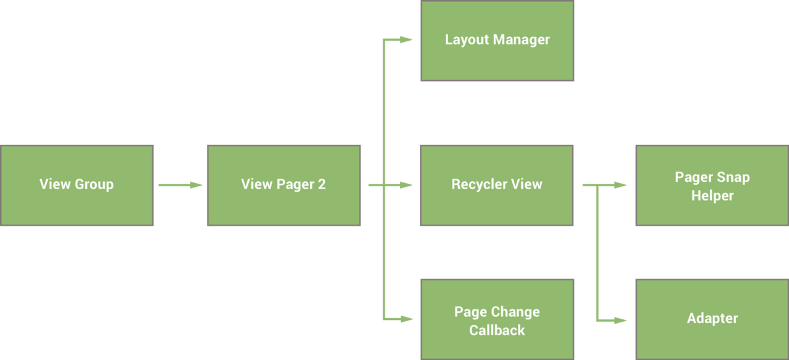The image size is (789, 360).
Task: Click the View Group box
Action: pyautogui.click(x=76, y=185)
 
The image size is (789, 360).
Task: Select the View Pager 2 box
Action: pyautogui.click(x=284, y=185)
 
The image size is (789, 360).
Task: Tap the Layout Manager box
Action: pyautogui.click(x=497, y=41)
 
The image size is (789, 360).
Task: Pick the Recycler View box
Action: pyautogui.click(x=497, y=185)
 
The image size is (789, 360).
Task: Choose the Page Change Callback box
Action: pyautogui.click(x=497, y=319)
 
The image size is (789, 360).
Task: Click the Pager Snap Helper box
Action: pyautogui.click(x=712, y=185)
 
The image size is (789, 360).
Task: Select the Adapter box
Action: pyautogui.click(x=712, y=319)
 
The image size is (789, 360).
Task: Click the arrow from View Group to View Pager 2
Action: pyautogui.click(x=180, y=185)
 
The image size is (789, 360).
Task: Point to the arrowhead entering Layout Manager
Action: pyautogui.click(x=406, y=40)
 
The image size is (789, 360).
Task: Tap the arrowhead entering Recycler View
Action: pyautogui.click(x=406, y=185)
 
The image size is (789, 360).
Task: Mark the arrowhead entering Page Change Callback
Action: pyautogui.click(x=406, y=319)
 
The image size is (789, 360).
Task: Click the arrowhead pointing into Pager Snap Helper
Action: pyautogui.click(x=620, y=185)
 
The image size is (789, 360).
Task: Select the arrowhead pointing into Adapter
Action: pyautogui.click(x=620, y=320)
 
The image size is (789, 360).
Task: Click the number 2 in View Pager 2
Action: pyautogui.click(x=321, y=184)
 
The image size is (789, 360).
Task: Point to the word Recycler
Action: pyautogui.click(x=476, y=184)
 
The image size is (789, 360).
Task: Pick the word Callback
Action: pyautogui.click(x=497, y=330)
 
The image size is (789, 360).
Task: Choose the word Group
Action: pyautogui.click(x=94, y=184)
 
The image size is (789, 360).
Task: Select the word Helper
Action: pyautogui.click(x=712, y=196)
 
